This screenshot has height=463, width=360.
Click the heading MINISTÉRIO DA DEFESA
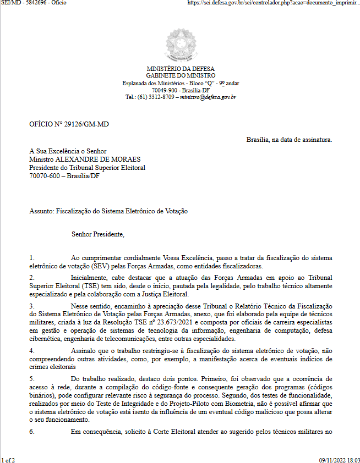click(181, 69)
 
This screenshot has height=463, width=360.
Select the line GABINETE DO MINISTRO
click(181, 75)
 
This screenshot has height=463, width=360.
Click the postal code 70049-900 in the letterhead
click(165, 90)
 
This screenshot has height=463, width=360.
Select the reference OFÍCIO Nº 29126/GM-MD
click(69, 124)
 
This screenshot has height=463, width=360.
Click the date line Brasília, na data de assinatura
click(289, 140)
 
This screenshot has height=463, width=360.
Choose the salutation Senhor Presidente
click(98, 234)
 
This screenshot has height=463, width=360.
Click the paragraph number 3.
click(31, 306)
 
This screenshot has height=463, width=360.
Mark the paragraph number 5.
click(31, 379)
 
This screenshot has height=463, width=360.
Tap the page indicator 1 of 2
click(8, 459)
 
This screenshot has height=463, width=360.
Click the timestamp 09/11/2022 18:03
click(339, 459)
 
